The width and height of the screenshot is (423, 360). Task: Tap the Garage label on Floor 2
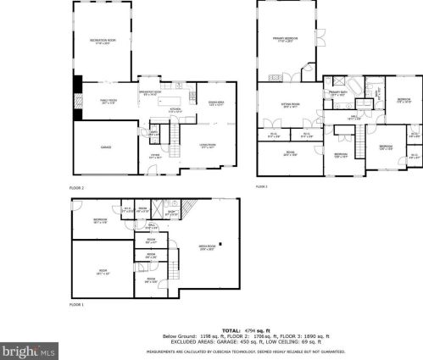106,147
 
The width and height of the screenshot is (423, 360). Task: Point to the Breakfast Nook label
151,93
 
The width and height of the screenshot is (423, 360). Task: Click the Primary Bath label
337,94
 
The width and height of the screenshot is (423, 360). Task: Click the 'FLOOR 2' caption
77,186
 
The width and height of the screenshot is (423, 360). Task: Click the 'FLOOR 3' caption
261,186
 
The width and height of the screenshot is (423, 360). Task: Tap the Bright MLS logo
26,346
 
